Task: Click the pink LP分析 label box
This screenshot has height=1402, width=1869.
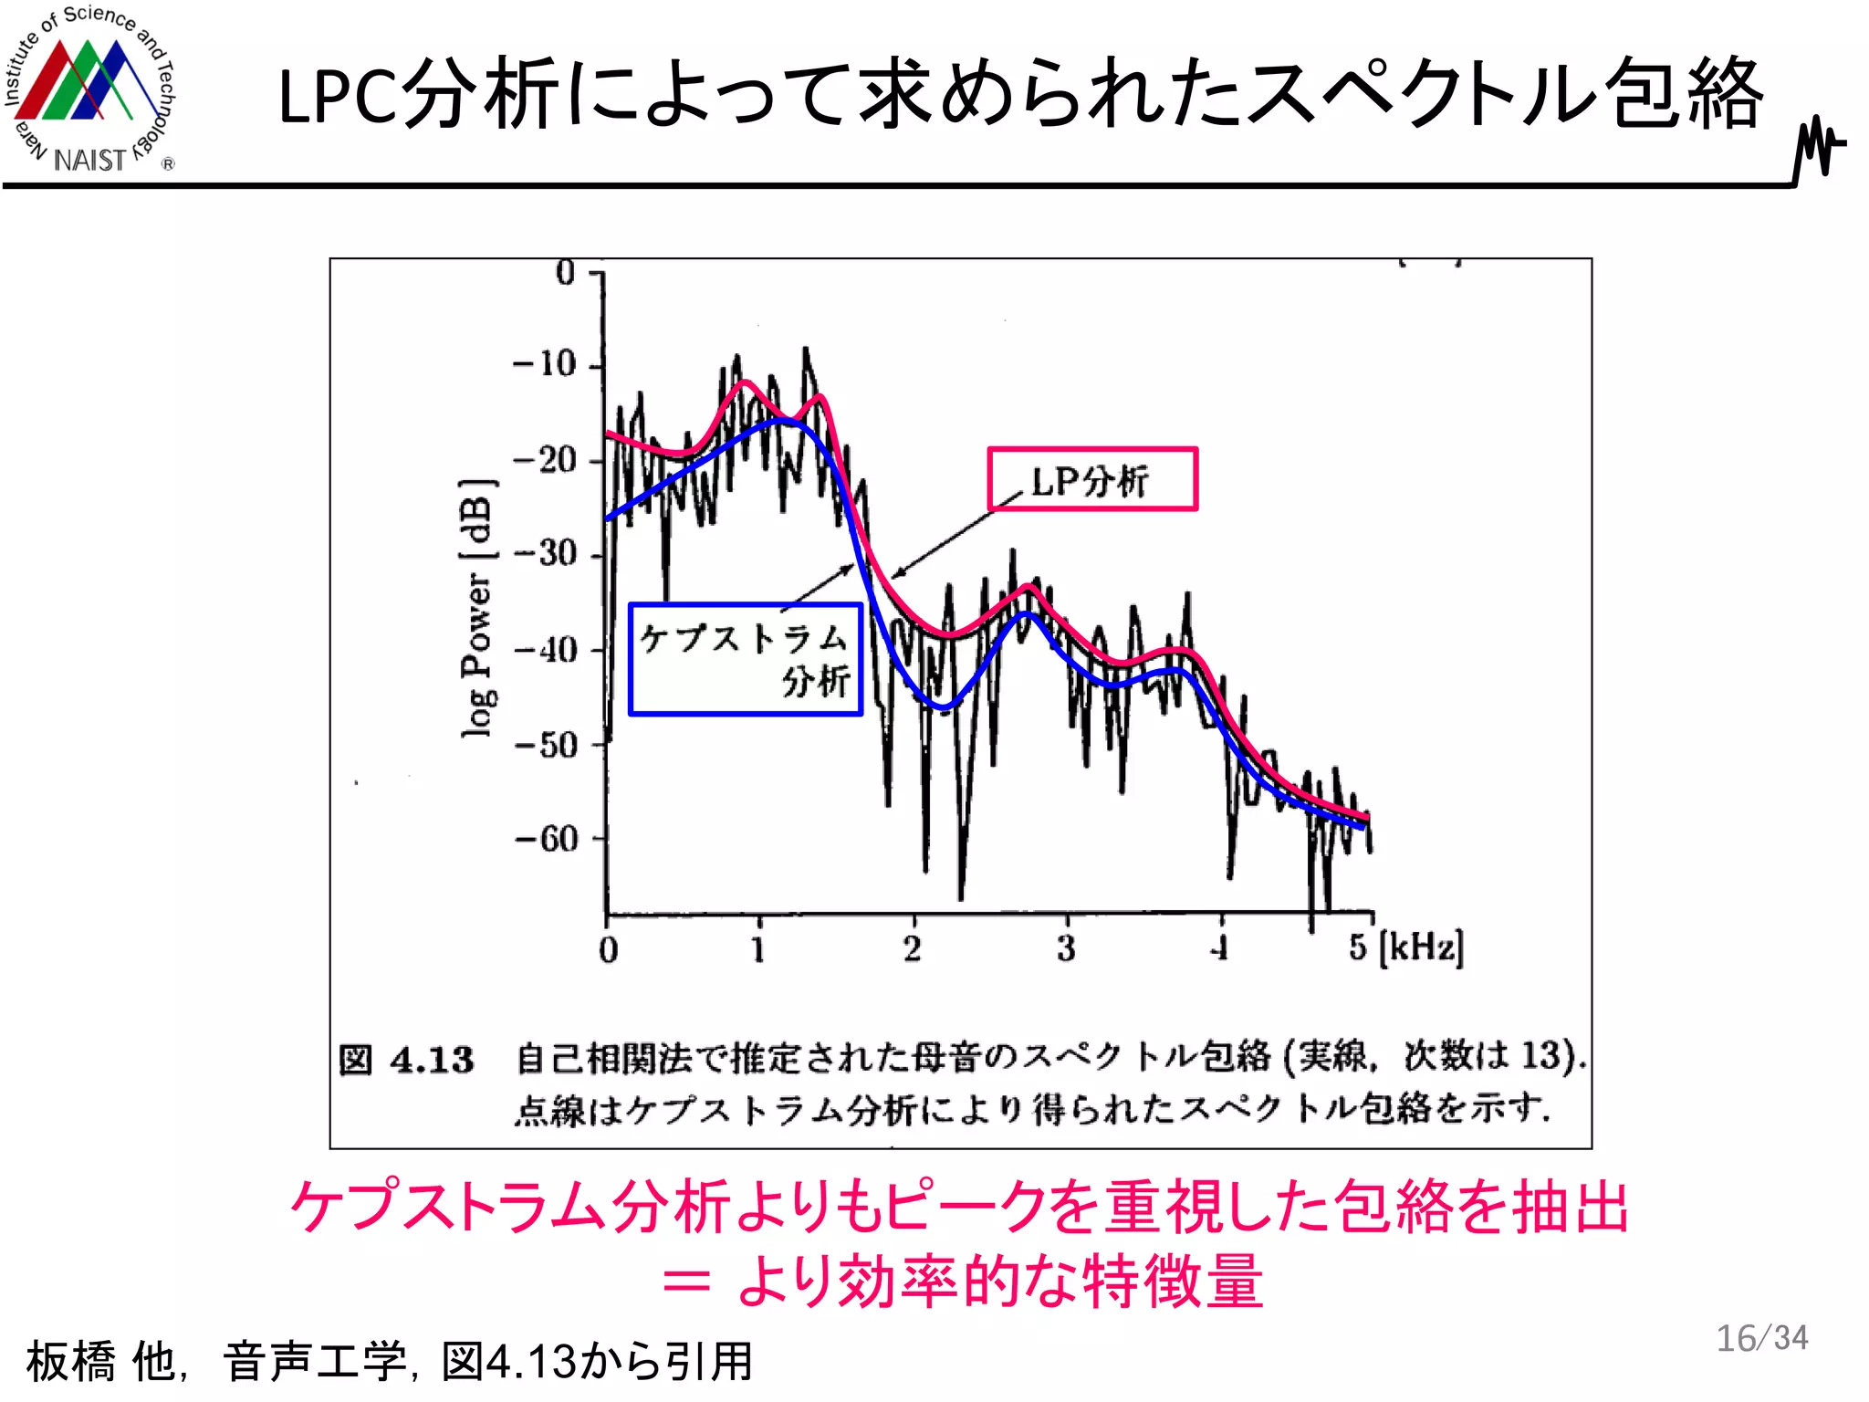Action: pyautogui.click(x=1091, y=479)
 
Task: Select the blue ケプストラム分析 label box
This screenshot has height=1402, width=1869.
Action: pyautogui.click(x=745, y=659)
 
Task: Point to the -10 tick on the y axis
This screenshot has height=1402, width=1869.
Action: pyautogui.click(x=545, y=365)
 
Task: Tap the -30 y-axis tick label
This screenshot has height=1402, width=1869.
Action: pyautogui.click(x=545, y=554)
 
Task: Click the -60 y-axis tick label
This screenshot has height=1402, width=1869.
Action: pyautogui.click(x=545, y=838)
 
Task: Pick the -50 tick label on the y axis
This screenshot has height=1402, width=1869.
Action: pyautogui.click(x=545, y=745)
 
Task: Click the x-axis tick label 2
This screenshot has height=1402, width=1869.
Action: pyautogui.click(x=913, y=949)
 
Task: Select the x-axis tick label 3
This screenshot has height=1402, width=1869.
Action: pyautogui.click(x=1066, y=949)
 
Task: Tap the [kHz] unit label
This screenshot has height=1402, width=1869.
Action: pyautogui.click(x=1421, y=947)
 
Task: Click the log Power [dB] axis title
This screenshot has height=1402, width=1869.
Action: pyautogui.click(x=478, y=607)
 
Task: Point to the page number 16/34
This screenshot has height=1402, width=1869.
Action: pyautogui.click(x=1761, y=1338)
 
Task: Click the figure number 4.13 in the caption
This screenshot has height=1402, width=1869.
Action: pyautogui.click(x=432, y=1060)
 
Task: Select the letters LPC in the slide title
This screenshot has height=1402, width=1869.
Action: pyautogui.click(x=338, y=97)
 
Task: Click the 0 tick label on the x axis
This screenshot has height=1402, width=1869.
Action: pyautogui.click(x=608, y=950)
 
